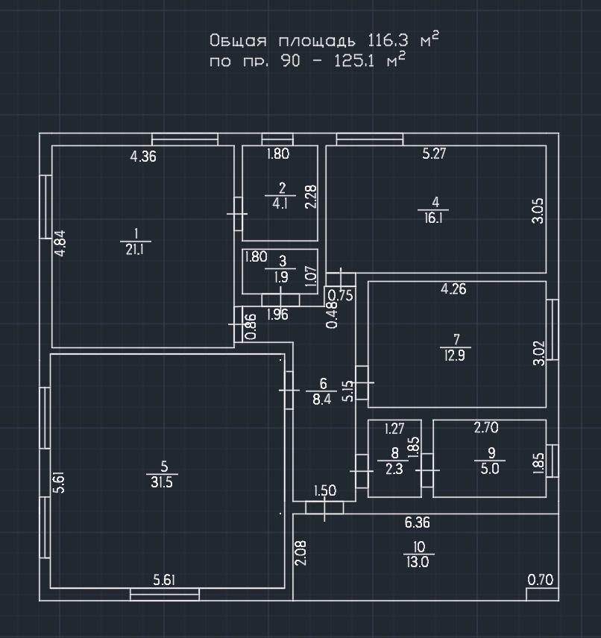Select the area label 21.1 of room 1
tap(135, 250)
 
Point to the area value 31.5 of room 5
tap(163, 481)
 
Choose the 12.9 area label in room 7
tap(455, 356)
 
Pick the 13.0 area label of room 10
tap(418, 563)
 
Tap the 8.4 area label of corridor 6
tap(322, 399)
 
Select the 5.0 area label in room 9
tap(490, 468)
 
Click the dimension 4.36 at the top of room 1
tap(143, 157)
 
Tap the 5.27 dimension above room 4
tap(435, 155)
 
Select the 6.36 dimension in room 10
tap(417, 523)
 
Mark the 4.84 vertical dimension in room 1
tap(60, 244)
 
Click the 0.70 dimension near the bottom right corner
tap(541, 580)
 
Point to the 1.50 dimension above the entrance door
tap(325, 490)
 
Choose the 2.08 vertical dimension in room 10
tap(300, 553)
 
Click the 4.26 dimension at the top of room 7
tap(453, 289)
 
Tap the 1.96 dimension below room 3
tap(277, 315)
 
